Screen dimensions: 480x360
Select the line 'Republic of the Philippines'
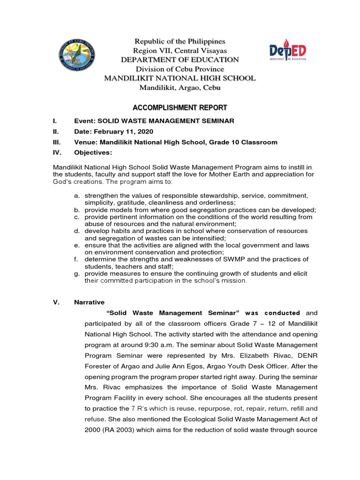(180, 41)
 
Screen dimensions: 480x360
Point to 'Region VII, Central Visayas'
(180, 50)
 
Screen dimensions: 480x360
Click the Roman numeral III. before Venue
(57, 142)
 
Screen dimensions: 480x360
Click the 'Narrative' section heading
(89, 302)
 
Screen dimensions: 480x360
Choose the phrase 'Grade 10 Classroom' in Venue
(246, 142)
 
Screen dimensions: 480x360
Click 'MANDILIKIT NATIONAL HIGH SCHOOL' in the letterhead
(180, 78)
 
